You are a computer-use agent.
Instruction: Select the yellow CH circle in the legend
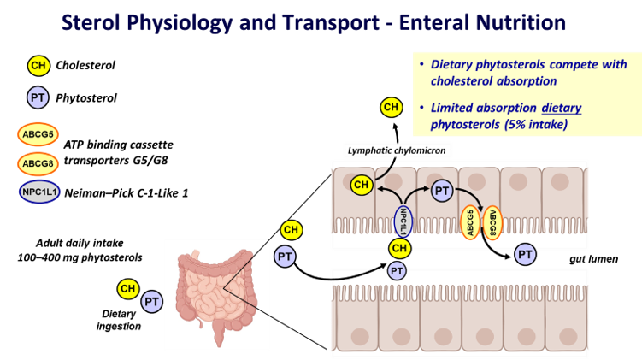click(x=38, y=65)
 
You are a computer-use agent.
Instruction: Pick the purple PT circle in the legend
click(x=38, y=97)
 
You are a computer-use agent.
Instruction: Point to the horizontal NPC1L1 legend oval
click(x=40, y=192)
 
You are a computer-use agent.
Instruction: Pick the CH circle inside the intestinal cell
click(x=362, y=184)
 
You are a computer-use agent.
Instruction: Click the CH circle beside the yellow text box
click(x=392, y=107)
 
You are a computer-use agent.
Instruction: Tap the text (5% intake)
click(x=537, y=124)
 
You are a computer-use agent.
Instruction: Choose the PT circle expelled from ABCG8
click(x=526, y=254)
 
